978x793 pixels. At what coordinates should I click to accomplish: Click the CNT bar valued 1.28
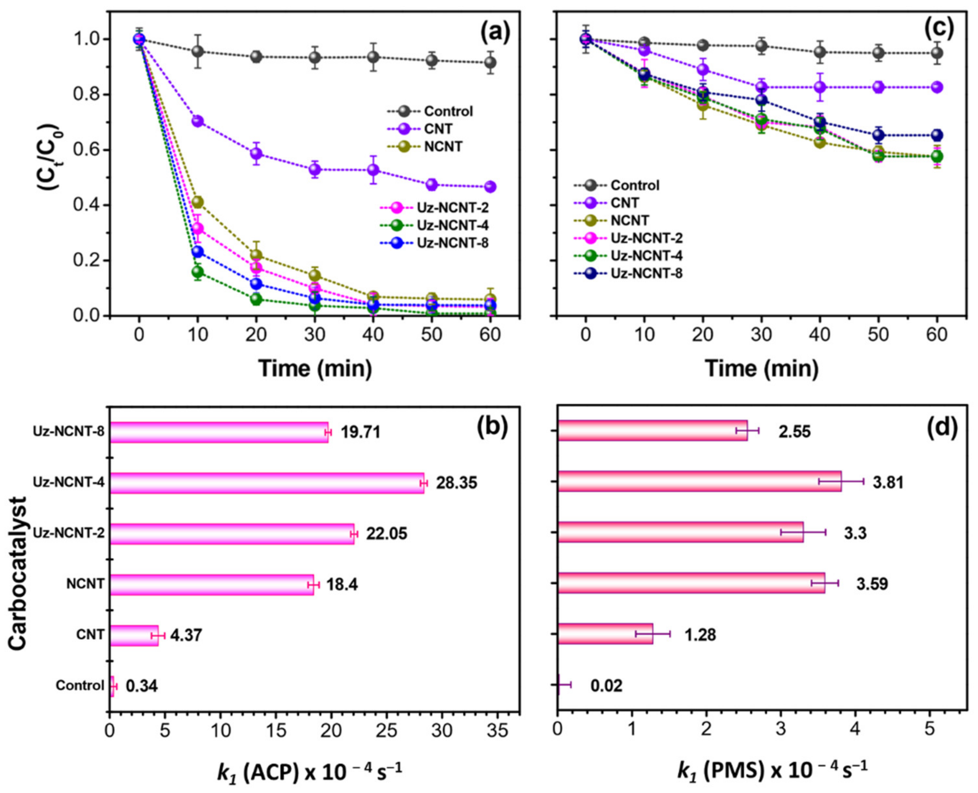(x=605, y=634)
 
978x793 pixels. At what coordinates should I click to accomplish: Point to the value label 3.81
(x=888, y=483)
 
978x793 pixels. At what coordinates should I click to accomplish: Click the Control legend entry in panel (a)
(x=442, y=111)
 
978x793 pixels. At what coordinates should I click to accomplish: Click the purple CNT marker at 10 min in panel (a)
(x=197, y=121)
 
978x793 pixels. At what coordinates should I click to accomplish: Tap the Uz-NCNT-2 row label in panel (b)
(x=68, y=533)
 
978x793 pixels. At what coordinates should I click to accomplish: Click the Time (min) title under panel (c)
(x=761, y=368)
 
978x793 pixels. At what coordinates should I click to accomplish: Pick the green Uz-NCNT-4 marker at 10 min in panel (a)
(x=197, y=272)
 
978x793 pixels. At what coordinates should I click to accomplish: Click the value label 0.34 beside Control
(x=141, y=686)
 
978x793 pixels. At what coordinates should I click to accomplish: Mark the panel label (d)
(x=942, y=428)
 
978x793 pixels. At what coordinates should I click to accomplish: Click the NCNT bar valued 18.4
(x=212, y=584)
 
